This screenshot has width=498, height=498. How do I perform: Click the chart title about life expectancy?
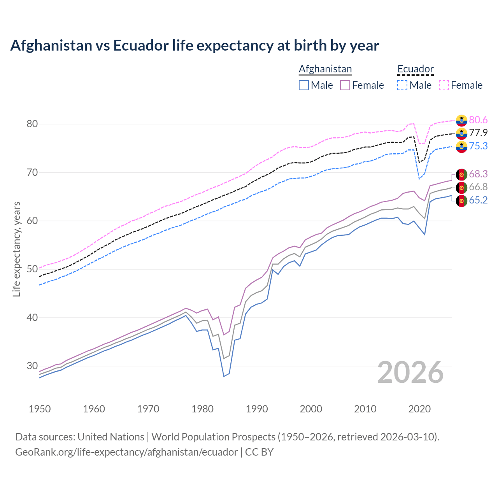195,46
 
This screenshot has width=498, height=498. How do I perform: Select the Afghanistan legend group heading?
325,69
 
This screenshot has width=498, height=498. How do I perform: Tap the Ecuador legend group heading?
415,69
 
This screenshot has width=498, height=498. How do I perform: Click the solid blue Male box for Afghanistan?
304,85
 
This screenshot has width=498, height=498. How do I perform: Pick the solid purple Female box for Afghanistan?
345,85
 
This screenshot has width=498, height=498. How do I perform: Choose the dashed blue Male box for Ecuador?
402,85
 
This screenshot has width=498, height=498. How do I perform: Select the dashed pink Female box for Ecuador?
444,85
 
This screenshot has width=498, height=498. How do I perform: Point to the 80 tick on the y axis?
32,124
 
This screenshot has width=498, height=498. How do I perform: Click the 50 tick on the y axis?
32,269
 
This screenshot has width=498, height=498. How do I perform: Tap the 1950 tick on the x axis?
40,409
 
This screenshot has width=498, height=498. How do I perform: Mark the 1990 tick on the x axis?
257,409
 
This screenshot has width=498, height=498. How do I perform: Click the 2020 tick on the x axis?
419,409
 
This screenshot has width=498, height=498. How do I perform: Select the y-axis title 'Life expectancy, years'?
16,249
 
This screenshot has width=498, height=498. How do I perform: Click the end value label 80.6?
478,120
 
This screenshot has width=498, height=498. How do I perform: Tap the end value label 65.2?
478,200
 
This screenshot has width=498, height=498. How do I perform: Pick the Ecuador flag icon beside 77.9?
461,133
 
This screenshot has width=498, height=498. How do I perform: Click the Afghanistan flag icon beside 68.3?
461,174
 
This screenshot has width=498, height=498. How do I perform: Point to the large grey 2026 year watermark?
410,372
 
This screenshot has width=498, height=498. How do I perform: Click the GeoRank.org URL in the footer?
126,452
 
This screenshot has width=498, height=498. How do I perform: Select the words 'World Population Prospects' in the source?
213,437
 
